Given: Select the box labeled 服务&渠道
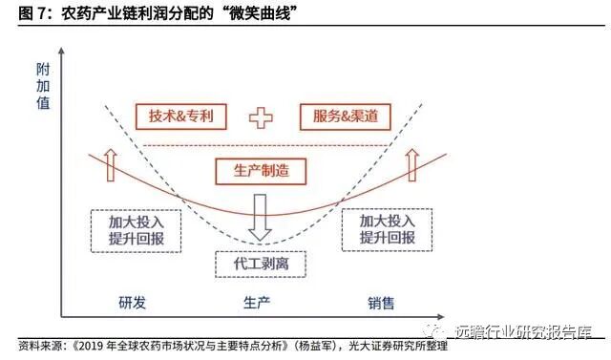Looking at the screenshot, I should click(338, 116).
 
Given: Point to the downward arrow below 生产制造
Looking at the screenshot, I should click(261, 218).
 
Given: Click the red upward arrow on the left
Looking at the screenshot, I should click(108, 163).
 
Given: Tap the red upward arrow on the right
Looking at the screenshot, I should click(413, 163).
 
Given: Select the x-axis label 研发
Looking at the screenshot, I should click(133, 304).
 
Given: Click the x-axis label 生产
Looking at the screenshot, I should click(258, 304).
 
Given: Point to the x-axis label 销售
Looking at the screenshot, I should click(382, 304).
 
